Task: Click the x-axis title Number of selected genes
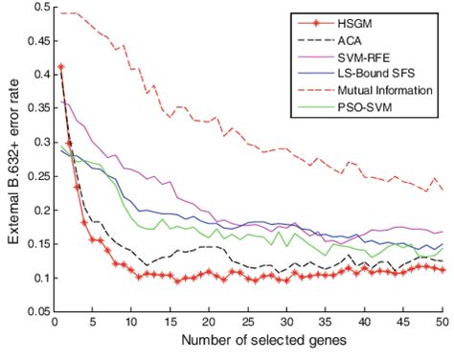click(247, 344)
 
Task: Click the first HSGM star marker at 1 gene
click(61, 67)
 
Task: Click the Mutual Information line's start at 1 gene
click(61, 13)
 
